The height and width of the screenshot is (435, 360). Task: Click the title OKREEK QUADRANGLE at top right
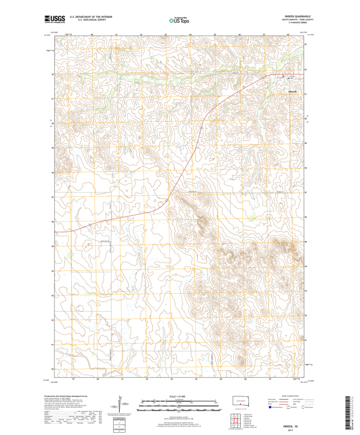pyautogui.click(x=298, y=17)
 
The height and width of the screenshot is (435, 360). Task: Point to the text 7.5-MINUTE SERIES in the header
pyautogui.click(x=298, y=24)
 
